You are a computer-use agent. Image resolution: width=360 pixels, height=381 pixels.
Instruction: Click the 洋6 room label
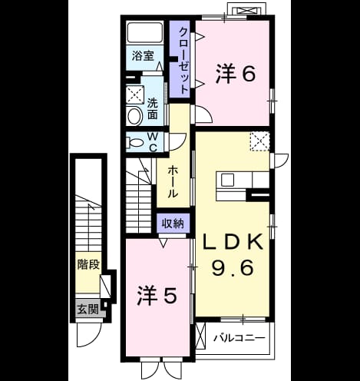pyautogui.click(x=236, y=74)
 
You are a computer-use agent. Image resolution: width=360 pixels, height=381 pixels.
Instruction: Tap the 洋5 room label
pyautogui.click(x=157, y=296)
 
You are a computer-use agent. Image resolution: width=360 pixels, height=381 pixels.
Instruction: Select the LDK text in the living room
pyautogui.click(x=233, y=242)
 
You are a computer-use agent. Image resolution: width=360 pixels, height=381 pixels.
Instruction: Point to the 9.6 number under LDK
pyautogui.click(x=233, y=267)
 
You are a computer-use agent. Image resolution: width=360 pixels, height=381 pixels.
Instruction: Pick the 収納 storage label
pyautogui.click(x=173, y=224)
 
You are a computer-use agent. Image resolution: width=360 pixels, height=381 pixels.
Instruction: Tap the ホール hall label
pyautogui.click(x=173, y=181)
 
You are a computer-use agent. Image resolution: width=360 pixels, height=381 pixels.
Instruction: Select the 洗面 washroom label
pyautogui.click(x=153, y=109)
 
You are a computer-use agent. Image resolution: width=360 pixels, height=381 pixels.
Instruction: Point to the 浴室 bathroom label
pyautogui.click(x=143, y=56)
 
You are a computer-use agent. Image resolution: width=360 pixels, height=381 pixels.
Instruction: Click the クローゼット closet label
pyautogui.click(x=184, y=61)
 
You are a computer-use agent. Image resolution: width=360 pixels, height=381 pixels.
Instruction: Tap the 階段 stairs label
pyautogui.click(x=88, y=264)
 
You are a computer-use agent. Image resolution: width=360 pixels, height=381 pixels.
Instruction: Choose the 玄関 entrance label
pyautogui.click(x=88, y=310)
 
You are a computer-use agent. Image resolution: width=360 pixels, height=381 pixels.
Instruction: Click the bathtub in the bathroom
pyautogui.click(x=145, y=32)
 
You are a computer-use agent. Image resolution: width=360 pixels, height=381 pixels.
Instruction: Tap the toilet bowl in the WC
pyautogui.click(x=134, y=143)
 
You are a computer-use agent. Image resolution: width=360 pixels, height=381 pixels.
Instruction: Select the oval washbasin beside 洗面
pyautogui.click(x=135, y=117)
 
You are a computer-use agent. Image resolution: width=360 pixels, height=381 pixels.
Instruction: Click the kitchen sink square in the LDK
pyautogui.click(x=227, y=180)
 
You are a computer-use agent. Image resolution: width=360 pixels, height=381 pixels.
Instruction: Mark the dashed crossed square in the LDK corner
pyautogui.click(x=259, y=141)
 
